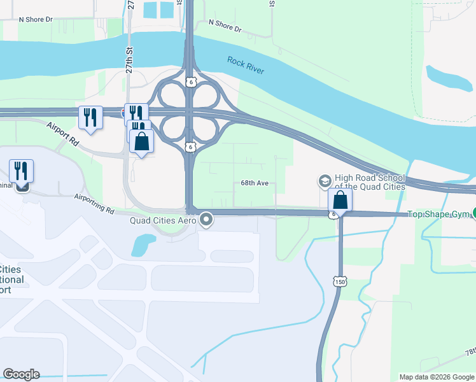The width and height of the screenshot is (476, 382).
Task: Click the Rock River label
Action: (x=246, y=65)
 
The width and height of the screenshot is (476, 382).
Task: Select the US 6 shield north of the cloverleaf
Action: (x=190, y=82)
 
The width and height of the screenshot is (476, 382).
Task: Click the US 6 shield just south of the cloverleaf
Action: (x=190, y=147)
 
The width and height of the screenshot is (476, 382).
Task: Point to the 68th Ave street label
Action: (x=255, y=183)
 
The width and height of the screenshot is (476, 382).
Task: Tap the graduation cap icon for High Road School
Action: (x=325, y=181)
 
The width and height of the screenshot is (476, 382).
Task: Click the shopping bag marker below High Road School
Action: (x=340, y=201)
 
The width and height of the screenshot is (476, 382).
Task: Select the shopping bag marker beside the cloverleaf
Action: (x=141, y=141)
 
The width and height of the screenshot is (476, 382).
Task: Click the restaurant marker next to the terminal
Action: (x=21, y=171)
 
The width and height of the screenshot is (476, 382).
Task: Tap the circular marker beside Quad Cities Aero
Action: (x=206, y=220)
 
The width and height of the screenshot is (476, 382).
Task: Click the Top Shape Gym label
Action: (x=438, y=215)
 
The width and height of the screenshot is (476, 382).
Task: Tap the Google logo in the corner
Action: (x=21, y=374)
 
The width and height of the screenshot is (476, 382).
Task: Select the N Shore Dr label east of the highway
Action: (x=225, y=25)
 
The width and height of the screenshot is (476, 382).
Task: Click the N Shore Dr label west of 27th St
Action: (x=36, y=20)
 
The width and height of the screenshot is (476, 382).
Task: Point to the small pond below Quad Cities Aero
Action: (x=143, y=244)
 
